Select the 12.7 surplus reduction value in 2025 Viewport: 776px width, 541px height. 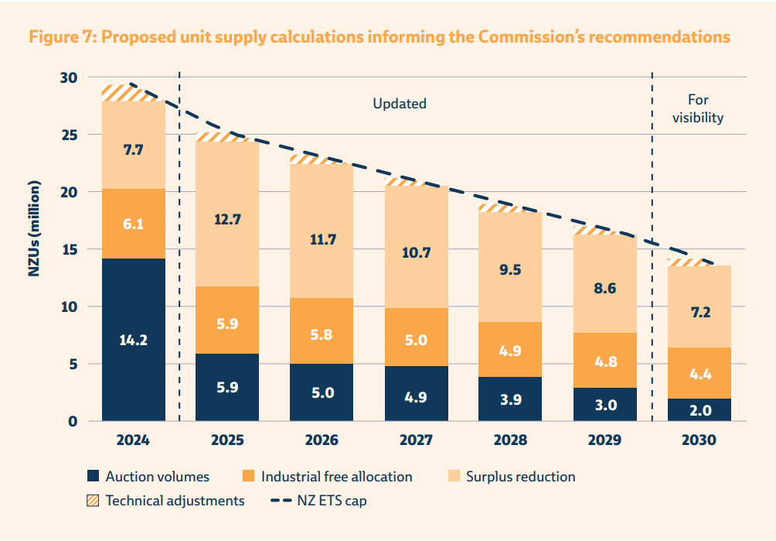[x=227, y=219]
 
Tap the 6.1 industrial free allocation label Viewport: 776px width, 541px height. [x=133, y=224]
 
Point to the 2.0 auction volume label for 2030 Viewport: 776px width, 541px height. [x=699, y=410]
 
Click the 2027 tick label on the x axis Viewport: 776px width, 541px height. [x=416, y=440]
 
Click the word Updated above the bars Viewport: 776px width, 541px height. [x=400, y=104]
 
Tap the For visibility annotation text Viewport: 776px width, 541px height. [x=697, y=109]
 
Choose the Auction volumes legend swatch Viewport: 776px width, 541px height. [x=94, y=477]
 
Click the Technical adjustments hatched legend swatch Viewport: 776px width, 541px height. [x=94, y=501]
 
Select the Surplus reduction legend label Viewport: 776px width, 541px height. [x=520, y=477]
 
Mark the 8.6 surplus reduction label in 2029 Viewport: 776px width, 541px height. [x=604, y=287]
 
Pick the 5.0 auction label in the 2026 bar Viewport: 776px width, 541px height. [x=322, y=392]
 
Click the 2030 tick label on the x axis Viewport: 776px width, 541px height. [x=699, y=440]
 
